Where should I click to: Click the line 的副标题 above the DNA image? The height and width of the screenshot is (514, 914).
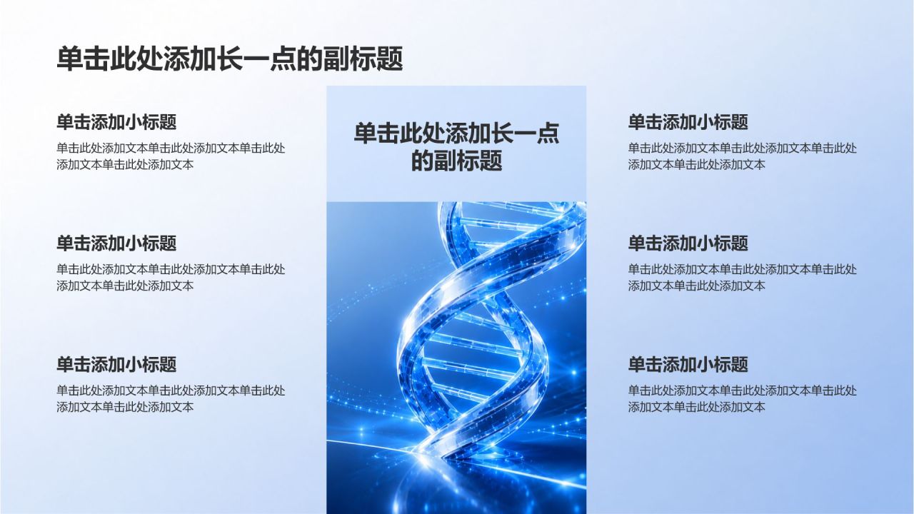[456, 161]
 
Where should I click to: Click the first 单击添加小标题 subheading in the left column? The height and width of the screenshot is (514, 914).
[116, 122]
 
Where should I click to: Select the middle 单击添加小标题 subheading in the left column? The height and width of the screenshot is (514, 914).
[116, 243]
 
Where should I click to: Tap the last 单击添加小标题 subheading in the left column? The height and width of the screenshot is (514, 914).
[116, 364]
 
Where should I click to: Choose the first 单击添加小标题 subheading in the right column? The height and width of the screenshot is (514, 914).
[688, 122]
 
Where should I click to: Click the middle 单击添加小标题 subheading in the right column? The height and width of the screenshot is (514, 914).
[688, 243]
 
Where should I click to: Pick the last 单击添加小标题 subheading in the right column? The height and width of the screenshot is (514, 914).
[688, 364]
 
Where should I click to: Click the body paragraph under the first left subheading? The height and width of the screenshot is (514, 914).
[171, 156]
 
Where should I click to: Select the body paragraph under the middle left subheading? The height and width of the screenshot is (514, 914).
[171, 278]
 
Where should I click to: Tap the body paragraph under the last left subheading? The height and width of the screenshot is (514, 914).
[171, 398]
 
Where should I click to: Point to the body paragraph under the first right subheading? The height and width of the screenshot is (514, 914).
[743, 156]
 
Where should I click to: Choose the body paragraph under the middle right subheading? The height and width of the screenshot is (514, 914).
[743, 278]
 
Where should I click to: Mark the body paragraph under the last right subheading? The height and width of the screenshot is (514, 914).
[743, 398]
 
